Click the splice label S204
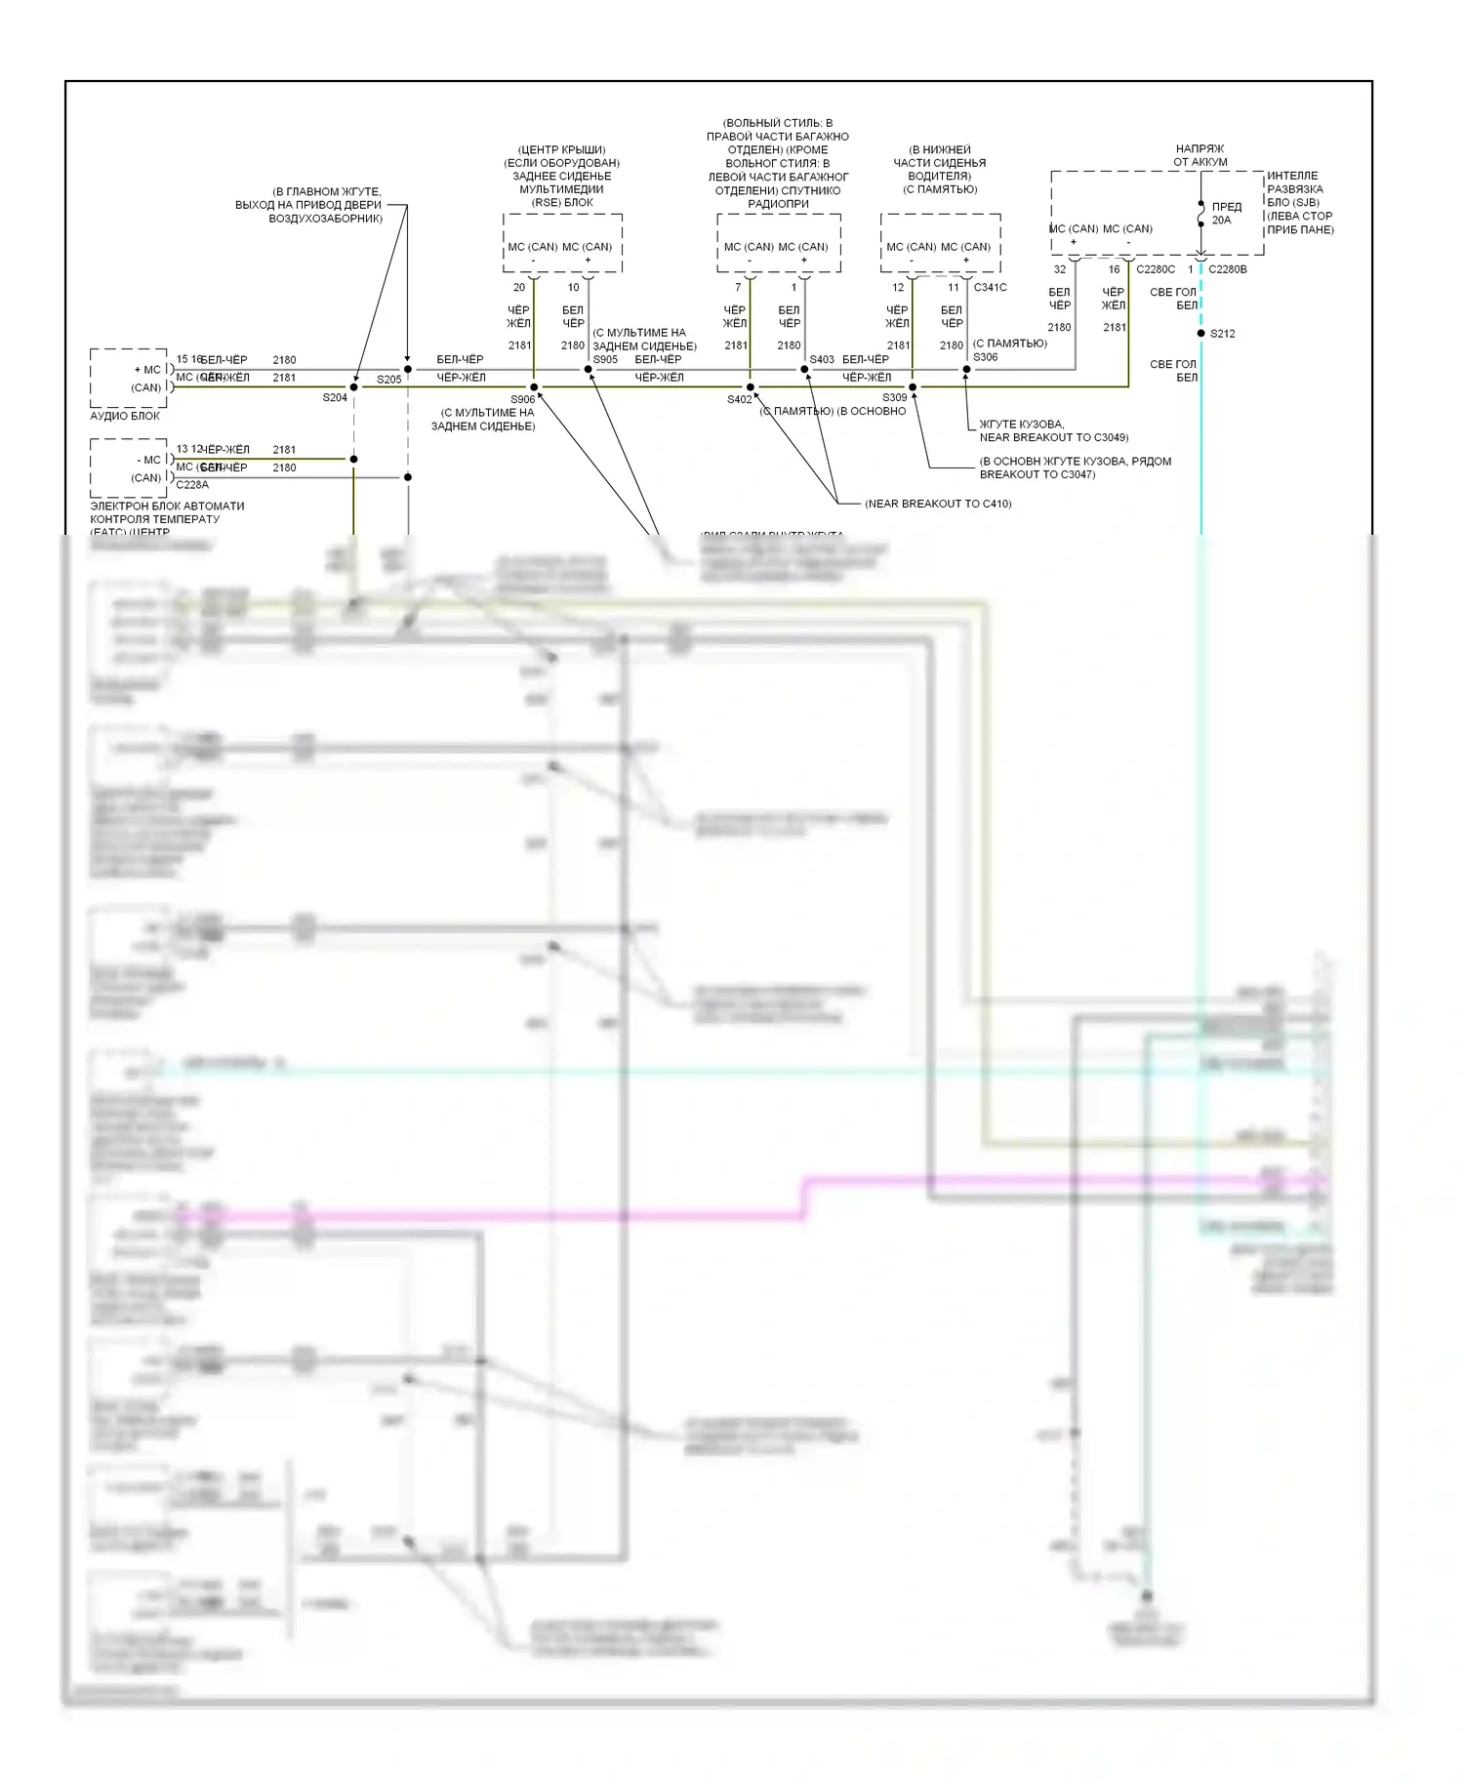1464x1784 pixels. (x=335, y=397)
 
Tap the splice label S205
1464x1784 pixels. (x=388, y=380)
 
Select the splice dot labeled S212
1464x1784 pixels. (x=1200, y=334)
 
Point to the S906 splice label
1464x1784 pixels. (x=523, y=399)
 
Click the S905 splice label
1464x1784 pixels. (x=605, y=359)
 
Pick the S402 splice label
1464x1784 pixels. (x=740, y=399)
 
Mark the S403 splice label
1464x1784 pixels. (x=822, y=359)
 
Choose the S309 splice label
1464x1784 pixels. (x=894, y=397)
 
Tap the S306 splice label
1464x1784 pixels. (x=986, y=357)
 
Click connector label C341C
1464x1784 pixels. (x=990, y=288)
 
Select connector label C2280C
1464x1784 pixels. (x=1156, y=269)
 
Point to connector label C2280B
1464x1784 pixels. (x=1228, y=269)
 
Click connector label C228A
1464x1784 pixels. (x=192, y=485)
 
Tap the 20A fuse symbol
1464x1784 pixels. (x=1200, y=214)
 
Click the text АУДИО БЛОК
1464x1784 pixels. (x=125, y=416)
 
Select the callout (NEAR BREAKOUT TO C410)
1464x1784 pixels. (x=938, y=504)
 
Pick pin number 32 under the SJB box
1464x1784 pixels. (x=1060, y=269)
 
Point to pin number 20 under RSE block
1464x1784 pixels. (x=519, y=288)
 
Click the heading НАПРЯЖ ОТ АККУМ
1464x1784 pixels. (x=1200, y=155)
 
